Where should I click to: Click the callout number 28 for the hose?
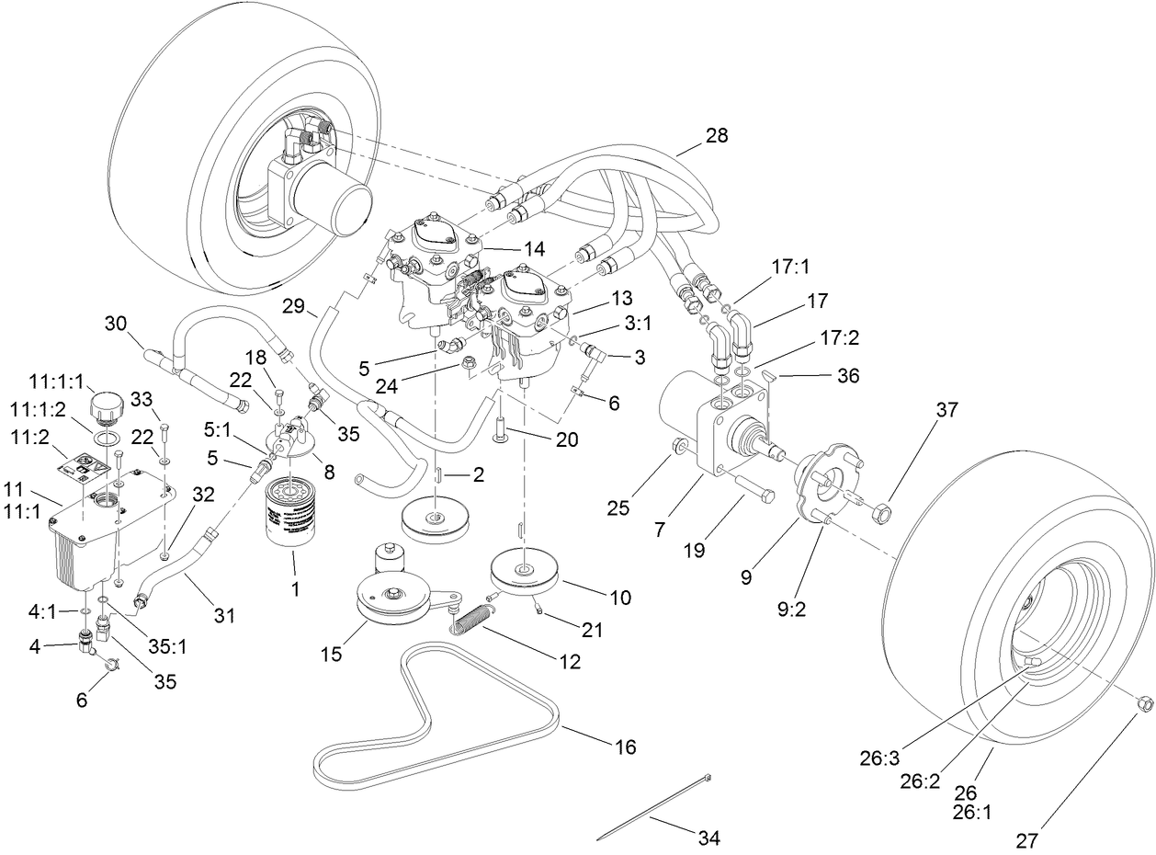[716, 135]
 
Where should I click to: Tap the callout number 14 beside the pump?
[534, 248]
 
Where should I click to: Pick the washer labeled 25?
[679, 448]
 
